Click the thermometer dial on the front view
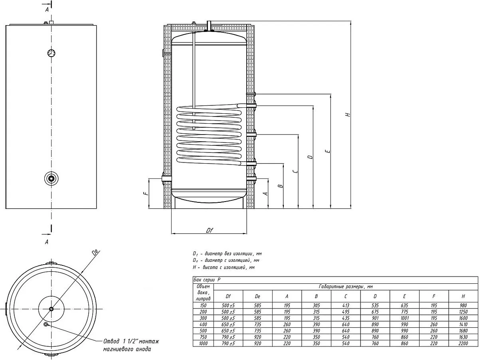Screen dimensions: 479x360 pos(51,53)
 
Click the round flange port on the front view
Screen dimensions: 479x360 pos(51,179)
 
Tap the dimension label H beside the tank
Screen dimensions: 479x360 pos(348,114)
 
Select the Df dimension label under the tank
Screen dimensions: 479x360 pos(209,230)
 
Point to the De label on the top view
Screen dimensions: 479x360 pos(95,252)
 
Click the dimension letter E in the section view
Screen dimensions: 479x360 pos(328,151)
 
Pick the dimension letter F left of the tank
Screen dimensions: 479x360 pos(146,193)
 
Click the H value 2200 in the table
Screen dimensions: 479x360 pos(463,343)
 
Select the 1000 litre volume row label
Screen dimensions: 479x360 pos(203,343)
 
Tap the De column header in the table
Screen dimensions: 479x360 pos(257,296)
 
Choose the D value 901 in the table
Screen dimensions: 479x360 pos(375,318)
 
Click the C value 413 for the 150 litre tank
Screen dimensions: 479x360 pos(346,305)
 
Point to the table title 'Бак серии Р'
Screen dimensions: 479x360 pos(207,280)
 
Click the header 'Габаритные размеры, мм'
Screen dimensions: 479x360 pos(346,287)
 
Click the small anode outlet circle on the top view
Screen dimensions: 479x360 pos(46,324)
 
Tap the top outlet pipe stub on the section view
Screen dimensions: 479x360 pos(209,26)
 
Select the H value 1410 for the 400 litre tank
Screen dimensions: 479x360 pos(463,324)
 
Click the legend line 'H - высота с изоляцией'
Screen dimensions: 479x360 pos(224,267)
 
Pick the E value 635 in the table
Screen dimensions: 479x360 pos(404,305)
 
